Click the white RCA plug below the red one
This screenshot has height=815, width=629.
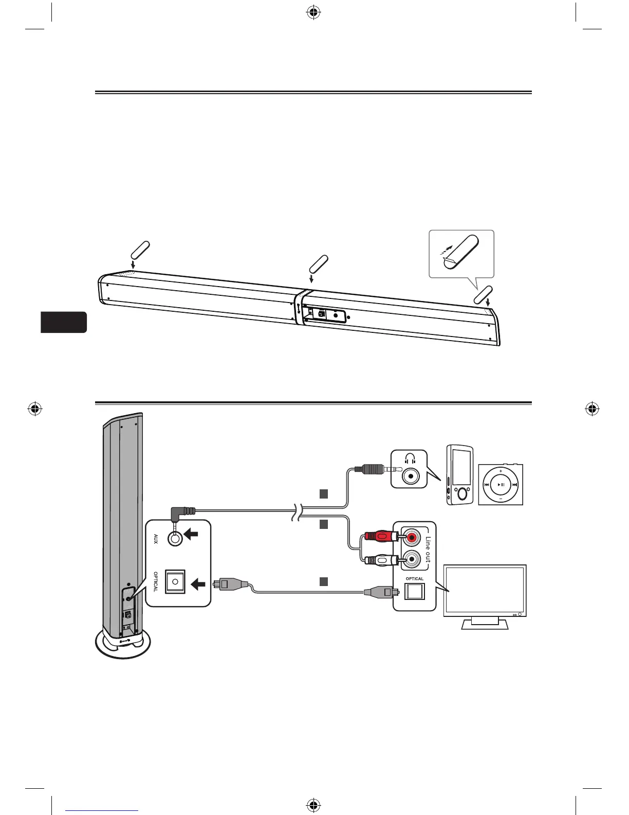coord(380,558)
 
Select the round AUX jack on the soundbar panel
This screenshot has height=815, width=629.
coord(176,538)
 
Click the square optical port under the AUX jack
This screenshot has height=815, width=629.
coord(175,581)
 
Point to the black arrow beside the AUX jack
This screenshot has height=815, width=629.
coord(191,535)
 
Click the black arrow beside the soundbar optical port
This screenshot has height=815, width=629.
coord(198,584)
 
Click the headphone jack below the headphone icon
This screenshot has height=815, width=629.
coord(410,477)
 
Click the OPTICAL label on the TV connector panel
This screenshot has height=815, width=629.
coord(415,579)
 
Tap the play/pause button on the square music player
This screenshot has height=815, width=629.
coord(501,485)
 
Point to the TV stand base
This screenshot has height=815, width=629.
coord(485,625)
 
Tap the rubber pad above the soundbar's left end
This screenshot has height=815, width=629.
coord(140,250)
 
